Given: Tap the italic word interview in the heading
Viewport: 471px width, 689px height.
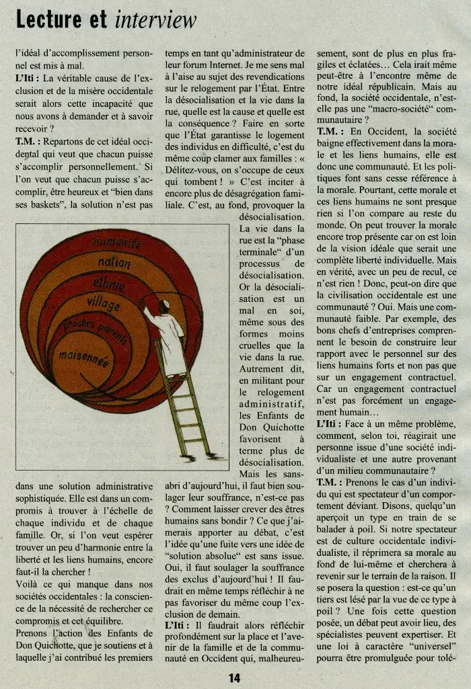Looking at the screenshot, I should point(155,20).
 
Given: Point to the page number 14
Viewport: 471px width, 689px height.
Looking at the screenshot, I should point(234,678).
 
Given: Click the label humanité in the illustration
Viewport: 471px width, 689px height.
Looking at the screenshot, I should point(118,242).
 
